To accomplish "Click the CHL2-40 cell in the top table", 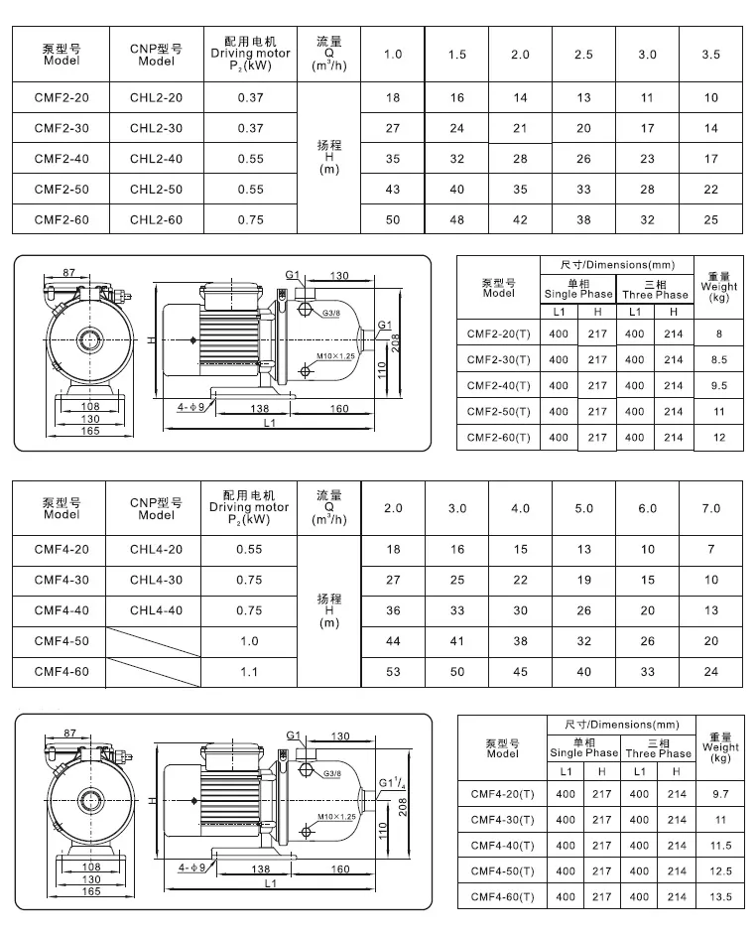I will [x=157, y=159].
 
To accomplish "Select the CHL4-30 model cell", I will [x=157, y=580].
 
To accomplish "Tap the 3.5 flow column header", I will [x=710, y=54].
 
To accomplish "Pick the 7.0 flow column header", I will [x=710, y=508].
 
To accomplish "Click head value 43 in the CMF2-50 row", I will [x=393, y=190].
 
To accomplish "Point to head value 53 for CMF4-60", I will [x=393, y=672].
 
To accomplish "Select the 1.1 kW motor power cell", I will [x=250, y=672].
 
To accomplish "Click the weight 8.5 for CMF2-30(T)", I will [x=719, y=360].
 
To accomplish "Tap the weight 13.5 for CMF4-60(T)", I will [x=721, y=896].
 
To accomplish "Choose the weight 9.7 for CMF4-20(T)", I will [x=721, y=794].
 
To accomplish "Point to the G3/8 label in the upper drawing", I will [x=332, y=314].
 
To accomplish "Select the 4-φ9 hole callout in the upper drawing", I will [x=191, y=408].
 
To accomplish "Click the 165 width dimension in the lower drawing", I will [x=91, y=892].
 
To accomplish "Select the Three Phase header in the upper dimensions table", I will [x=655, y=290].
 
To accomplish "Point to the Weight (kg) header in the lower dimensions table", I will [x=721, y=747].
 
